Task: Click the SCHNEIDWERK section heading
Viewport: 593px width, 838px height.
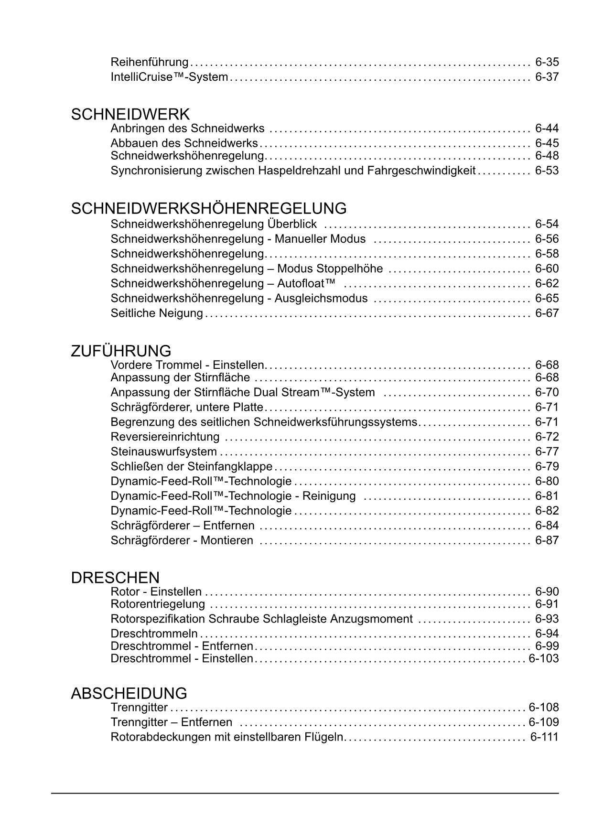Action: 130,115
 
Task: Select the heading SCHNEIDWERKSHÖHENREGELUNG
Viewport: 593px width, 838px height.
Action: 209,209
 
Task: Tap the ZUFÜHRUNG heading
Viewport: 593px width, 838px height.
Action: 121,351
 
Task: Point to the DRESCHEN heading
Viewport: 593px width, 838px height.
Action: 115,578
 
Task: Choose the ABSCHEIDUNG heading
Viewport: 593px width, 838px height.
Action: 129,693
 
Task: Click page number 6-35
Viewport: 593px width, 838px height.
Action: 547,62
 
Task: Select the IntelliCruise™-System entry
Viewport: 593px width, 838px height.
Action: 169,77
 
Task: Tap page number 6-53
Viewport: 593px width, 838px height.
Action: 547,171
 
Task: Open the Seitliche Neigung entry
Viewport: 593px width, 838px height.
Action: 157,313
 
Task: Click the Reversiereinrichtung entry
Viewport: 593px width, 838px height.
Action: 165,437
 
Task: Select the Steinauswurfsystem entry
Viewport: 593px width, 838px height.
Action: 163,451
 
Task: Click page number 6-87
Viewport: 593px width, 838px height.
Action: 547,540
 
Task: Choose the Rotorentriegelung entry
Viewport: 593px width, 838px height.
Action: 158,604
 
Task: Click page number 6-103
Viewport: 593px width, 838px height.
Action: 543,659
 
